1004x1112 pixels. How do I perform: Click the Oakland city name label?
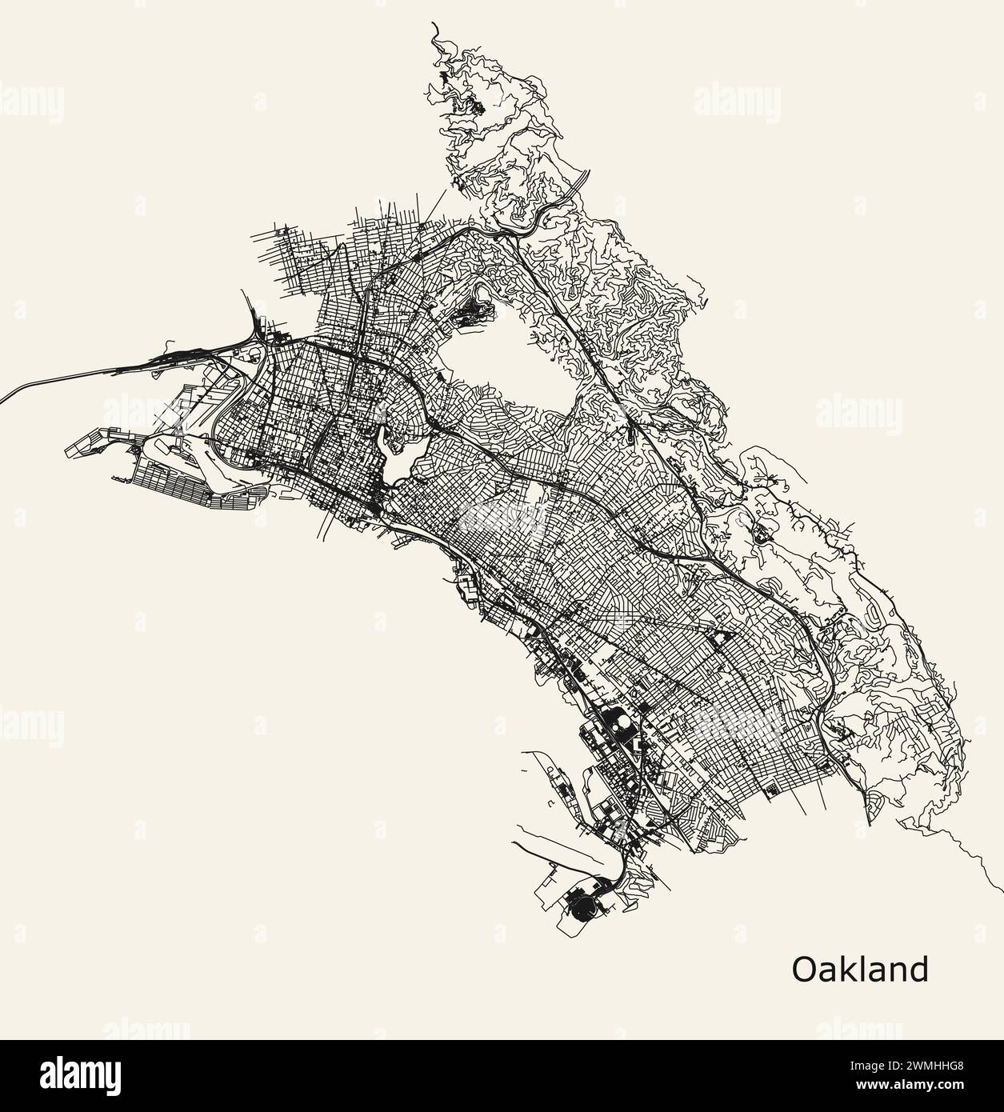(860, 969)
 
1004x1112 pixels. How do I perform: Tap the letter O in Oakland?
(804, 970)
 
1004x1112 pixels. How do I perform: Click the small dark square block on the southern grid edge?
(771, 791)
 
